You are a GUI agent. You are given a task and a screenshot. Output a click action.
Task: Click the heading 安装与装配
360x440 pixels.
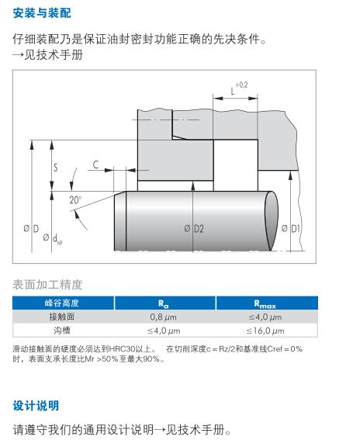[x=42, y=13]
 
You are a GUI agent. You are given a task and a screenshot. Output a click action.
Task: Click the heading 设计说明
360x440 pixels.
[x=36, y=406]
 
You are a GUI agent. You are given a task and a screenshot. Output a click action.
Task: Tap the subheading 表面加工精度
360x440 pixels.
[x=47, y=285]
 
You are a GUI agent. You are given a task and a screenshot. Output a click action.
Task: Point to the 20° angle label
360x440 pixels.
[x=75, y=199]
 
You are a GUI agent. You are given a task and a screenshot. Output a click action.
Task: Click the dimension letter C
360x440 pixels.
[x=95, y=165]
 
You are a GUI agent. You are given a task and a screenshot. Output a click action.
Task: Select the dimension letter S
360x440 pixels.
[x=56, y=168]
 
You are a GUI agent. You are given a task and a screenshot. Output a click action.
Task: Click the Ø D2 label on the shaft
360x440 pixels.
[x=194, y=229]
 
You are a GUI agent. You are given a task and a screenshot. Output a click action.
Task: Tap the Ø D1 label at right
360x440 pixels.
[x=291, y=228]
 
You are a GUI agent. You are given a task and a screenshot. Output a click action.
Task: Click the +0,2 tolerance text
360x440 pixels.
[x=241, y=85]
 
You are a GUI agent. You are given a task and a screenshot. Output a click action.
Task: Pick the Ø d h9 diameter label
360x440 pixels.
[x=53, y=239]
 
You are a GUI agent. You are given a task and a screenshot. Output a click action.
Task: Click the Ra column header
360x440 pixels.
[x=163, y=303]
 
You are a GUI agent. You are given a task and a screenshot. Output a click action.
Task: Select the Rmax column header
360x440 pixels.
[x=265, y=303]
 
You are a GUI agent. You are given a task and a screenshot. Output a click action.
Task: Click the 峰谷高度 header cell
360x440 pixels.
[x=61, y=303]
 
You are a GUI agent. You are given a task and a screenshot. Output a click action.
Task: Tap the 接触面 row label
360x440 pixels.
[x=62, y=317]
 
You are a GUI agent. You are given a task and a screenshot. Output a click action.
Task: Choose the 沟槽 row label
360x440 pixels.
[x=62, y=331]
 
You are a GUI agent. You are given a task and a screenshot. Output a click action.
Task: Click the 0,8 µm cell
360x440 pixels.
[x=163, y=317]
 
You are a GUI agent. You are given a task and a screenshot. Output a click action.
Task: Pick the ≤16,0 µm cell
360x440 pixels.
[x=265, y=331]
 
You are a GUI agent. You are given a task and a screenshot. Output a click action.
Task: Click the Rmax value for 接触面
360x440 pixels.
[x=265, y=317]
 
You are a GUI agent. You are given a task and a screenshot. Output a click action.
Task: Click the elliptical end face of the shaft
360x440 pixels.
[x=271, y=221]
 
